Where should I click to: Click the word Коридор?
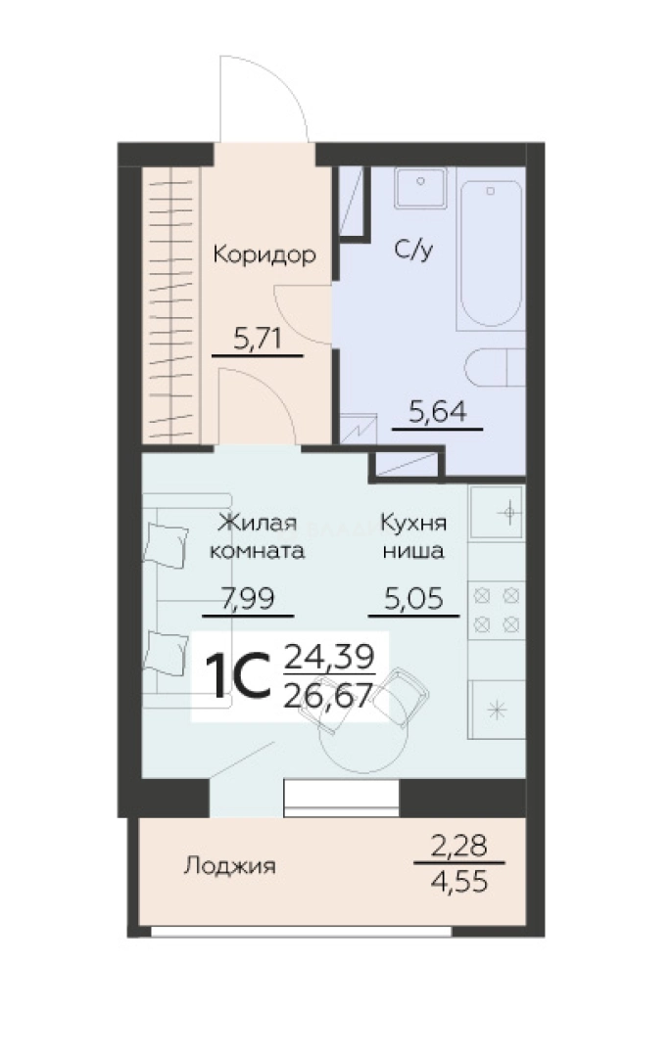264,255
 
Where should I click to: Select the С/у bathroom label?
413,251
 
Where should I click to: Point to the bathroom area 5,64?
437,412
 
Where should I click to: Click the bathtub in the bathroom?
491,249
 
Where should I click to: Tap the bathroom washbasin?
421,188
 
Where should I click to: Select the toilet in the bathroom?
496,367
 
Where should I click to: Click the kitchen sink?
498,514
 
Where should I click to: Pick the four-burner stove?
498,612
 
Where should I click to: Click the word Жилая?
258,523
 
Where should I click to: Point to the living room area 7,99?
248,599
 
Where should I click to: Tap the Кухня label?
413,523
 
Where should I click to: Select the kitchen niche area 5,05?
413,599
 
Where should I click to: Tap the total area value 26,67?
328,696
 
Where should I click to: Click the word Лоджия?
229,865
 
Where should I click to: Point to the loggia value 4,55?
458,882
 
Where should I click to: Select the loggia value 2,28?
458,846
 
